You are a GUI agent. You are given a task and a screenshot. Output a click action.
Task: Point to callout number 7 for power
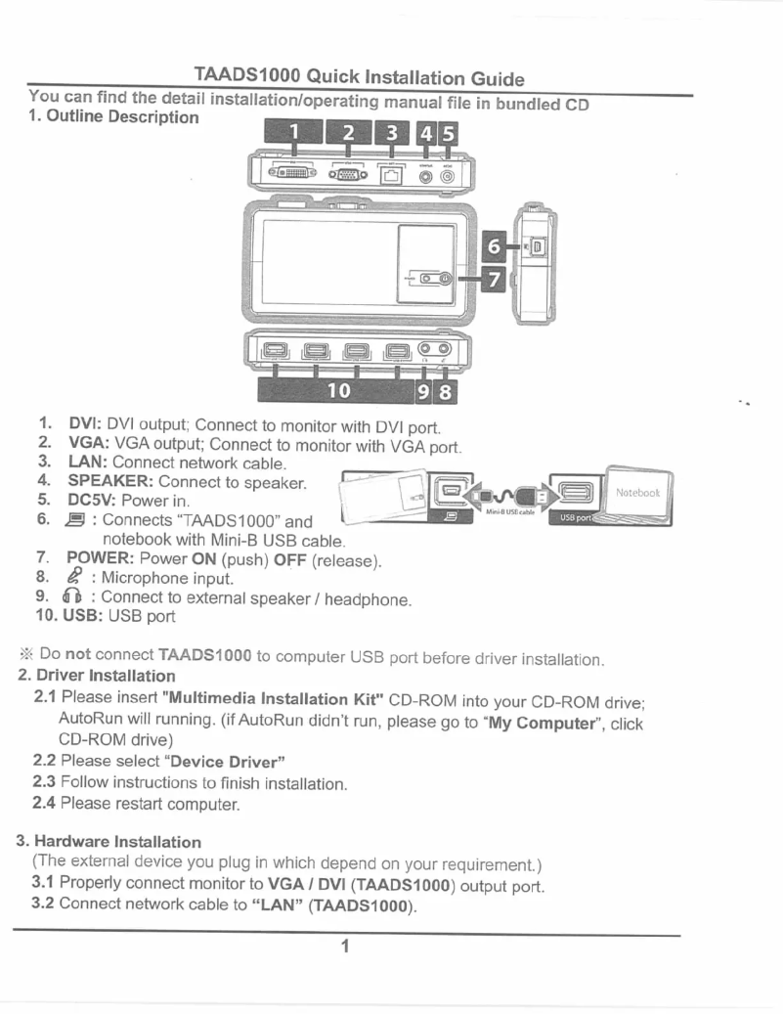pos(495,280)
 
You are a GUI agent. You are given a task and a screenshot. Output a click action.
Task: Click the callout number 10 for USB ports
pos(339,391)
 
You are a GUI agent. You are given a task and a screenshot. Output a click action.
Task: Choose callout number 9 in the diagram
pos(426,391)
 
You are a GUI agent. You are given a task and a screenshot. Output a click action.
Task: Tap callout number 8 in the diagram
pos(446,391)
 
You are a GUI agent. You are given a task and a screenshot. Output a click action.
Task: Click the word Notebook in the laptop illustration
pos(637,493)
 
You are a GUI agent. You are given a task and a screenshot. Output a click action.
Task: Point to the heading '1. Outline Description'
pos(113,117)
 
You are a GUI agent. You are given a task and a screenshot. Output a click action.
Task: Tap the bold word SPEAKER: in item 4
pos(109,482)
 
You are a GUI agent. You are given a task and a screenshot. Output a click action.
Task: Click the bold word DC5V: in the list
pos(92,501)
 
